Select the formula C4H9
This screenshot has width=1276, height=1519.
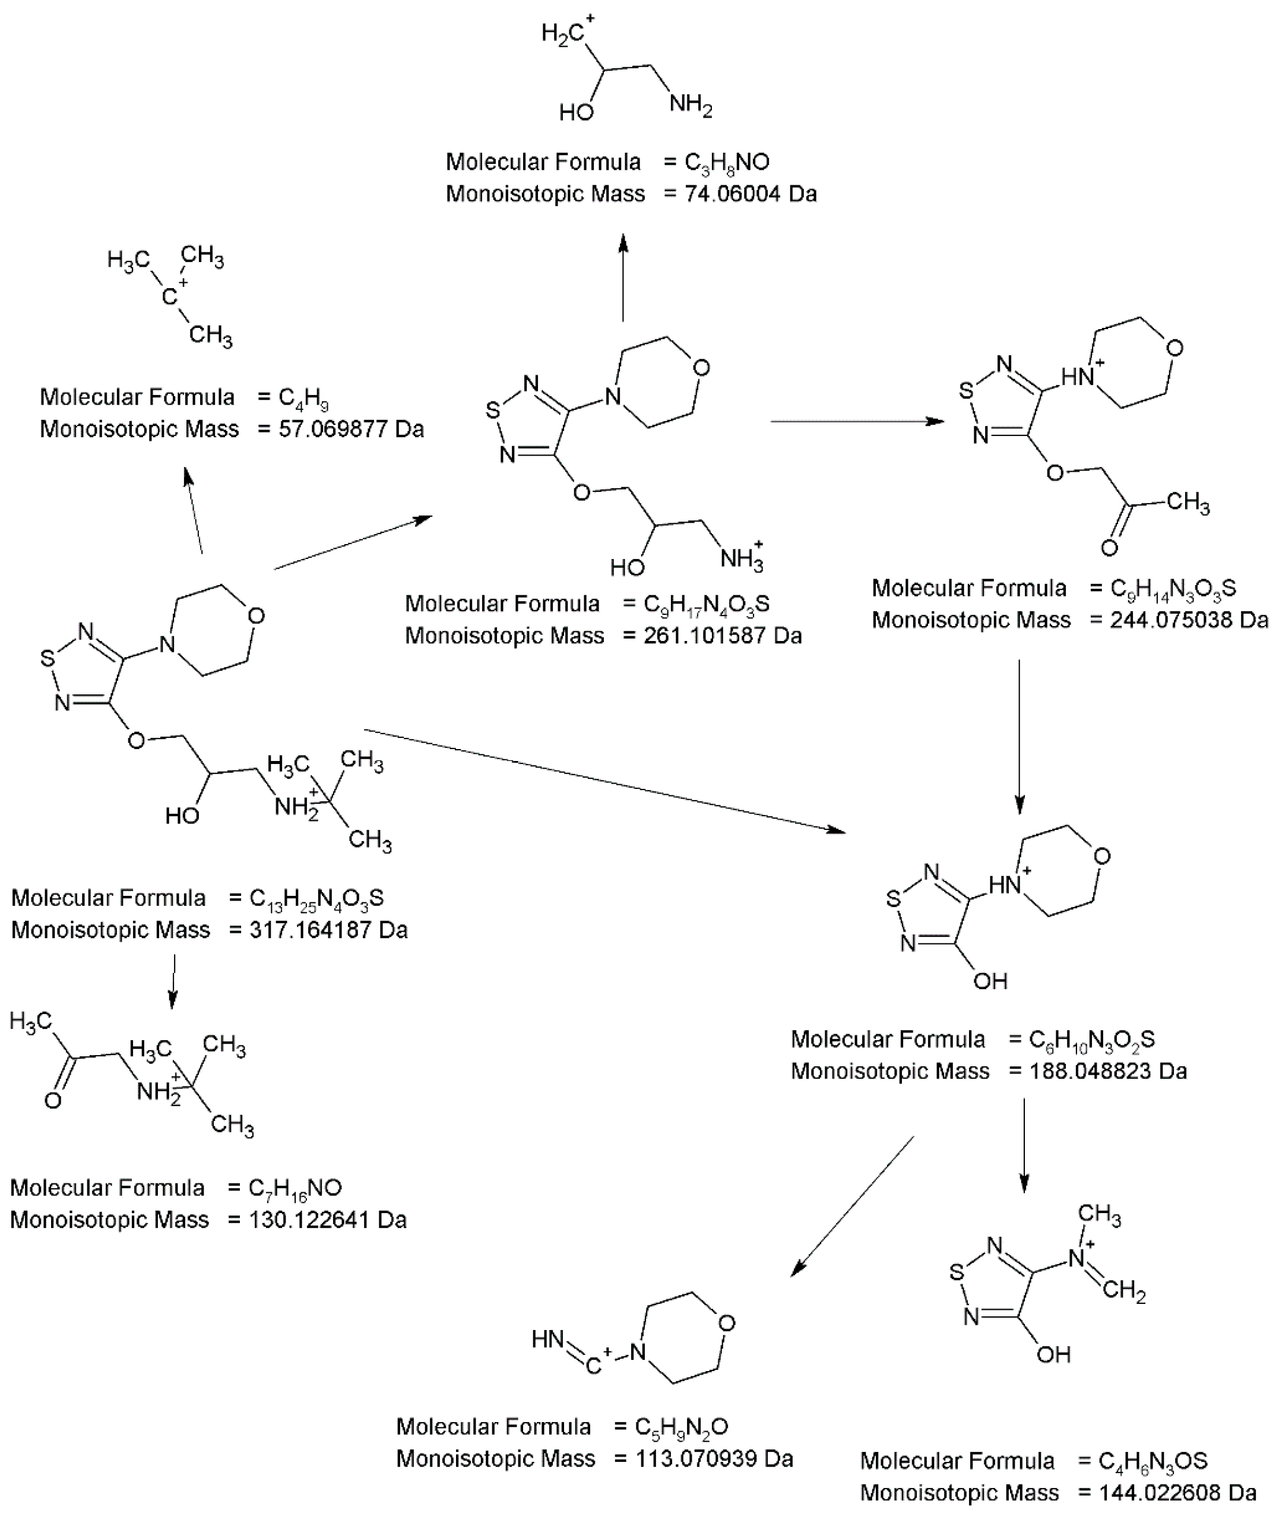click(x=304, y=397)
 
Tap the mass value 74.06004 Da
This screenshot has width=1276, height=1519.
click(x=750, y=194)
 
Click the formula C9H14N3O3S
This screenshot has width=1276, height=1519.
click(x=1173, y=588)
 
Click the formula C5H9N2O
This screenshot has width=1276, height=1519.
click(x=682, y=1426)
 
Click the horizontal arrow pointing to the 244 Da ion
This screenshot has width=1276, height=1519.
click(x=857, y=421)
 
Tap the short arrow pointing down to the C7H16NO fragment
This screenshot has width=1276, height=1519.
click(x=172, y=981)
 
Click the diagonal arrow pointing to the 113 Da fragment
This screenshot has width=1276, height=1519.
click(x=854, y=1205)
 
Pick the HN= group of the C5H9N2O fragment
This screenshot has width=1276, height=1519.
click(x=547, y=1340)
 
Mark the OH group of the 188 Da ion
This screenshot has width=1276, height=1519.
click(x=990, y=981)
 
